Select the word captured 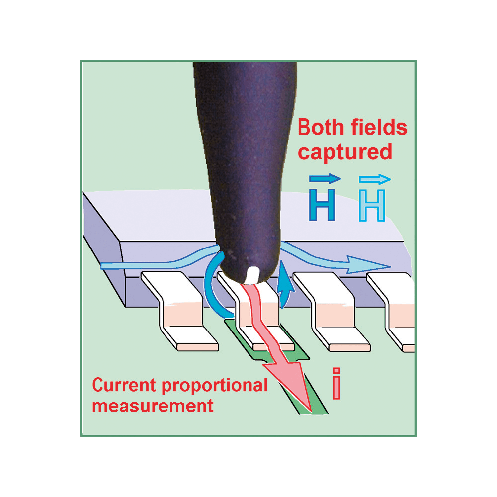coord(345,152)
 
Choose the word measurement coord(153,405)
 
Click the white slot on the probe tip coord(253,274)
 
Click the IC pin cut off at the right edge coord(398,313)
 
